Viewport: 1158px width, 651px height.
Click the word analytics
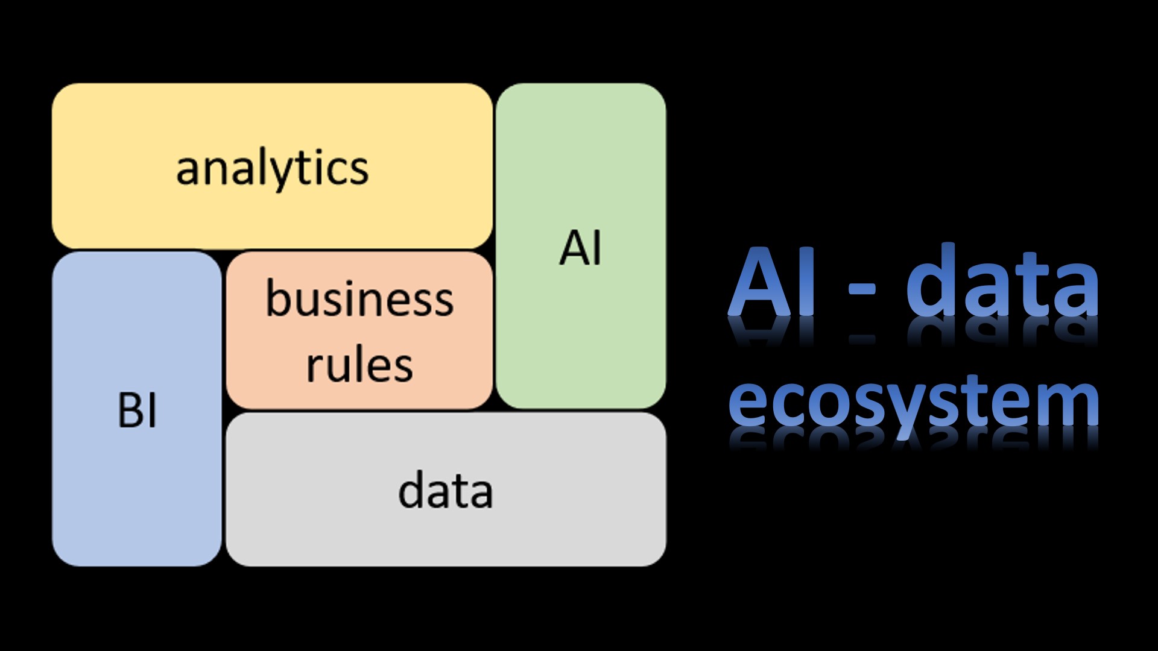[x=272, y=168]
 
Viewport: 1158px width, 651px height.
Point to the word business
[x=359, y=299]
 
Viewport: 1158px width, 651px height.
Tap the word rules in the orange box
[x=359, y=365]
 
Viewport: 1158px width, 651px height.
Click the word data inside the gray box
[x=446, y=491]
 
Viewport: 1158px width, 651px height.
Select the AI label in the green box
[x=580, y=248]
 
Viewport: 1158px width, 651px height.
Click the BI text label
[x=137, y=410]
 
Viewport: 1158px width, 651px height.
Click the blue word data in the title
[x=1002, y=283]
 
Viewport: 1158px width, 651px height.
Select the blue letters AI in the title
[x=772, y=283]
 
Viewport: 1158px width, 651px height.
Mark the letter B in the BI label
[x=130, y=410]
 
